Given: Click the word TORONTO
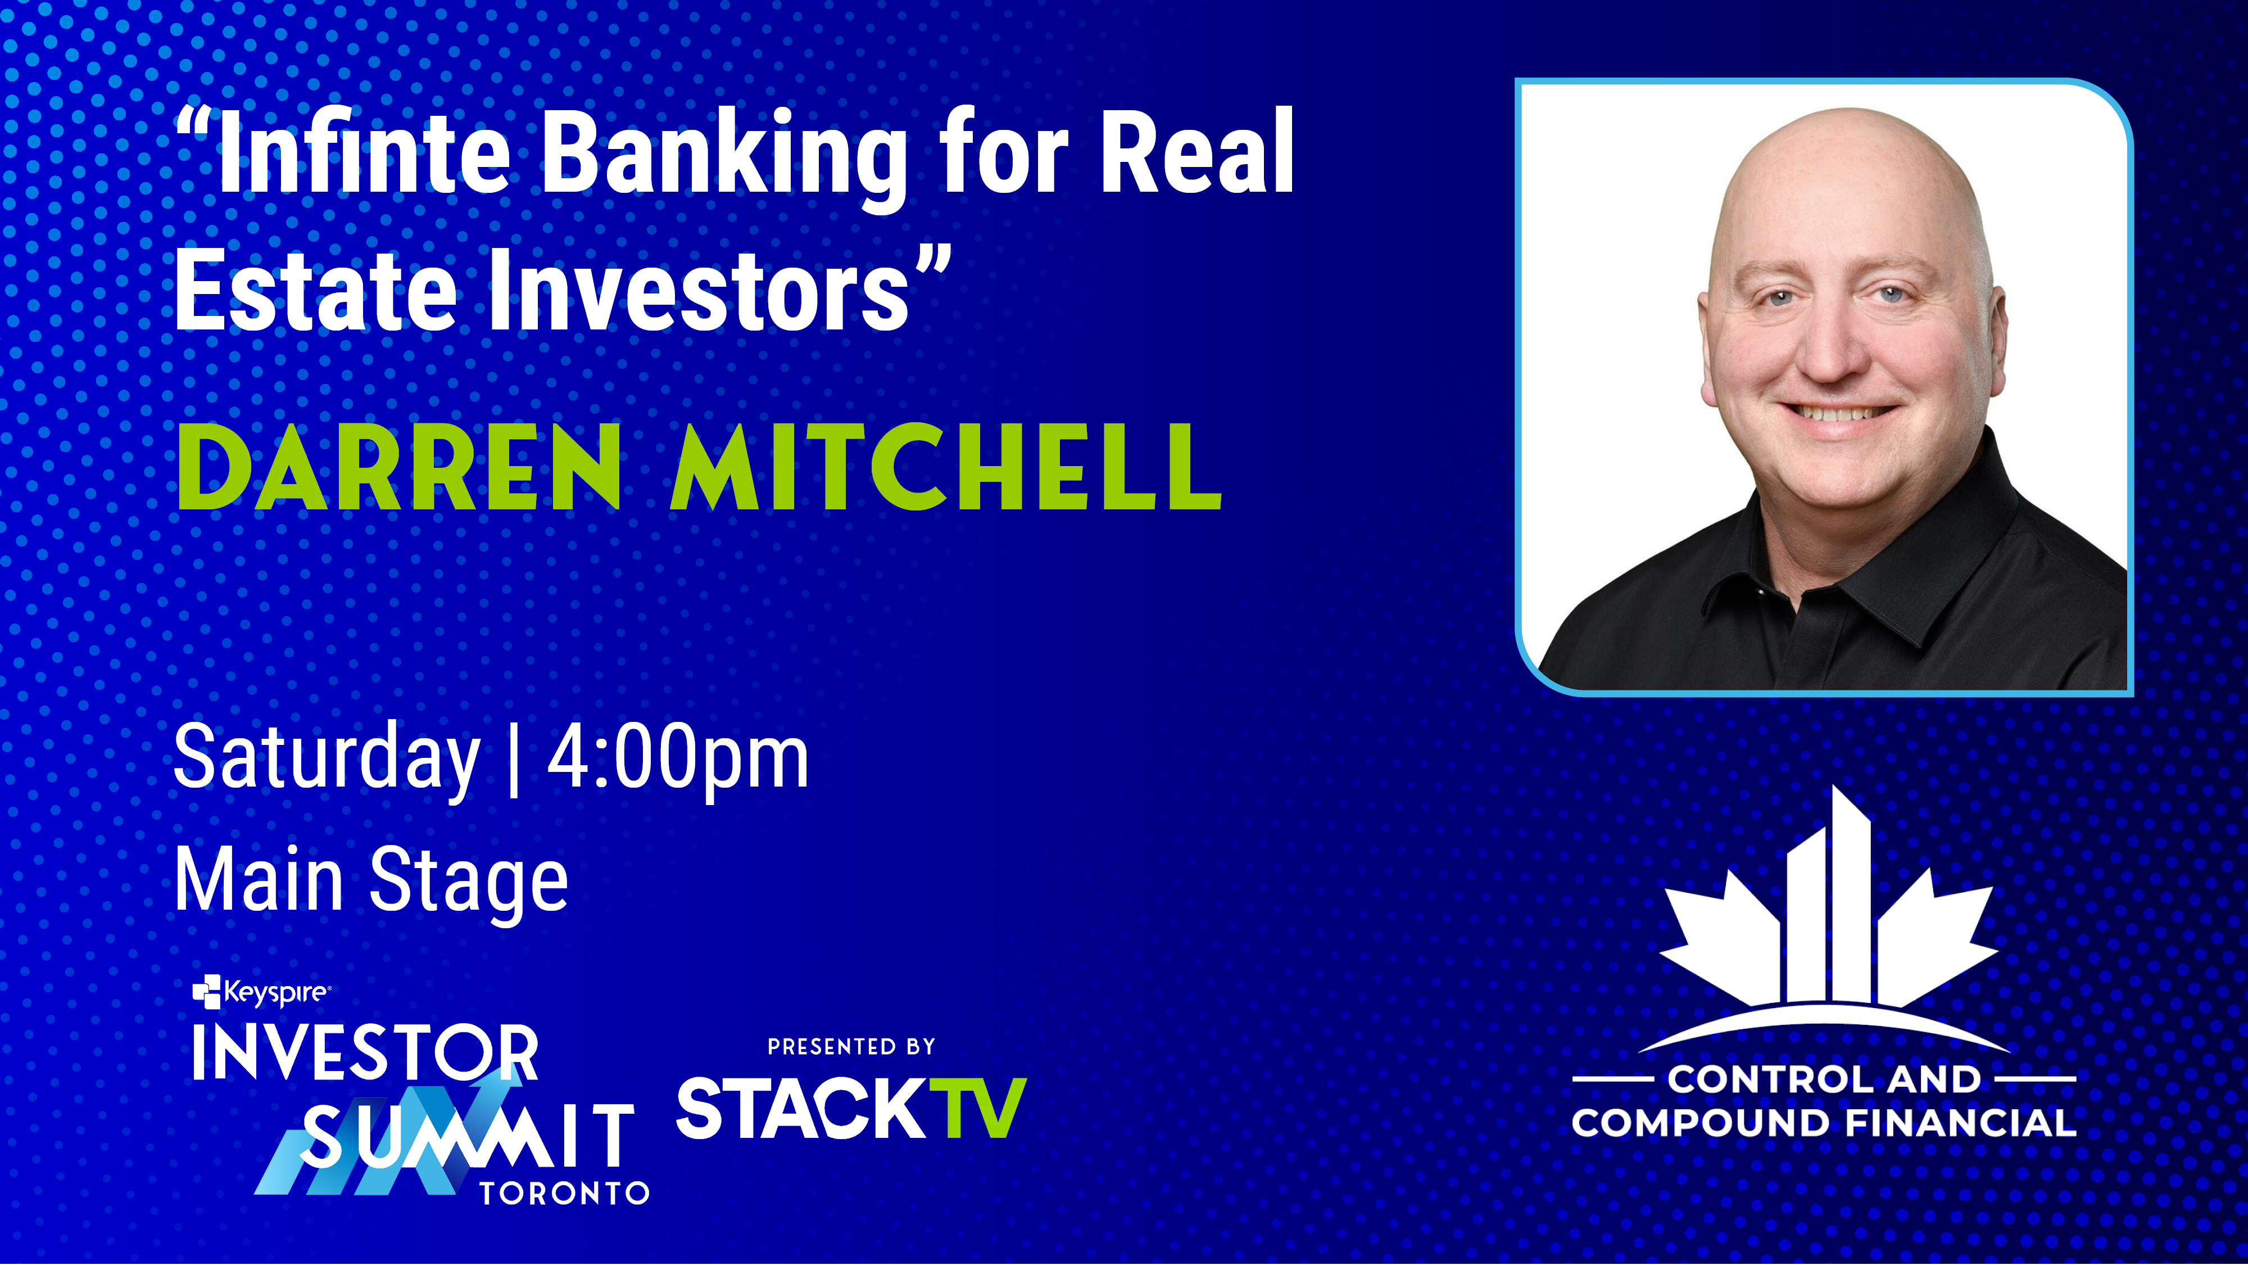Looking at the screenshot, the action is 565,1194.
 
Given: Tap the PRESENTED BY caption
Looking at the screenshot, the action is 851,1047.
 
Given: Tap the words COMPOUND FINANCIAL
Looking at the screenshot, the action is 1824,1123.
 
